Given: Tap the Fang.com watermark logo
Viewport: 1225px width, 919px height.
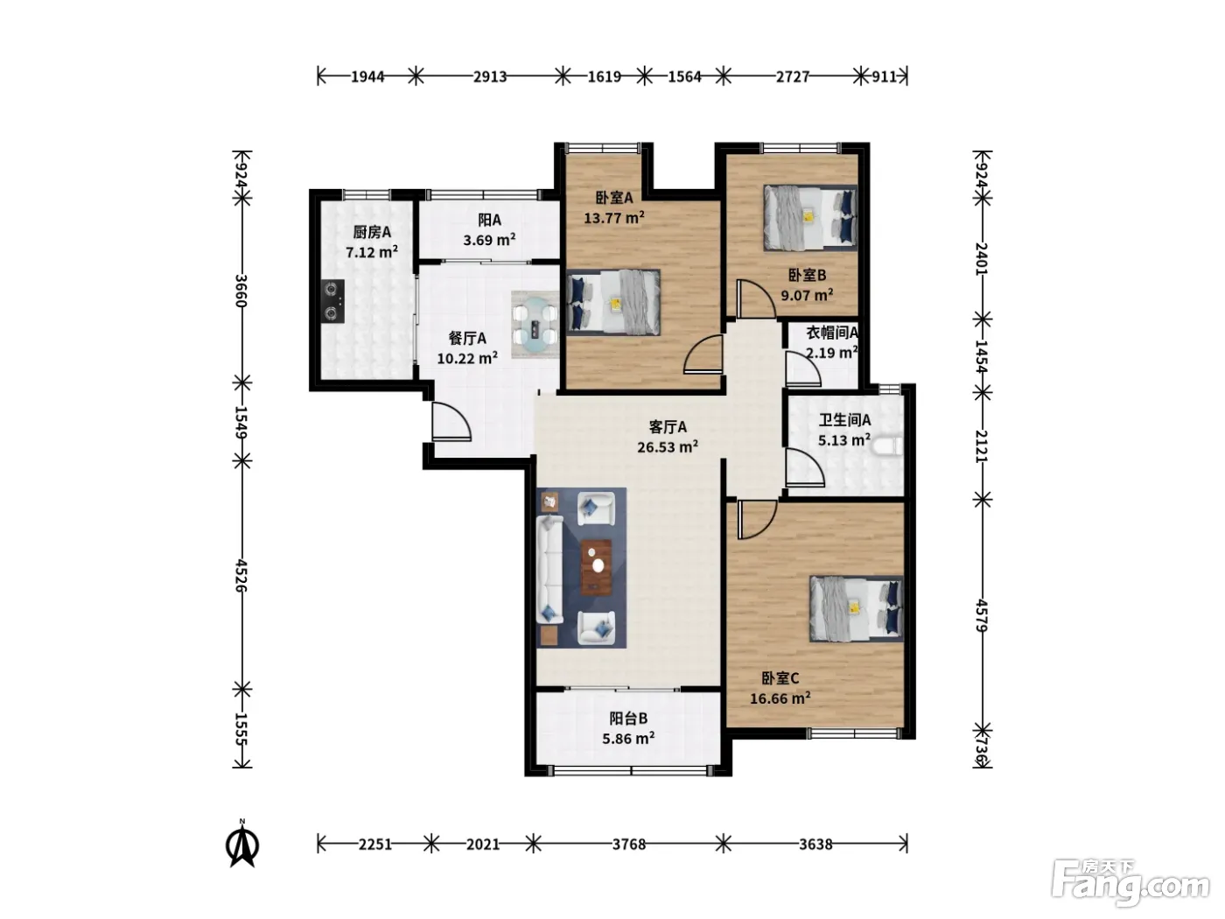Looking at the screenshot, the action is pos(1130,884).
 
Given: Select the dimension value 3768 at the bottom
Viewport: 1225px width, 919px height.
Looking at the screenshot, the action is pos(629,845).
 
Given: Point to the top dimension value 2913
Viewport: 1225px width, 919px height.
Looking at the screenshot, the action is pos(490,76).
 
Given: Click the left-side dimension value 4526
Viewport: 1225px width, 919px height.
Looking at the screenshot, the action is pos(241,575).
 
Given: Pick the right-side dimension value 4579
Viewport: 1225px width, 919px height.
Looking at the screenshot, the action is pos(983,615).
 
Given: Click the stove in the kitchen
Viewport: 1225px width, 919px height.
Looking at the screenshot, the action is pos(333,301).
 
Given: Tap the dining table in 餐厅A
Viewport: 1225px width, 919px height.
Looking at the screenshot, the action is pos(535,325).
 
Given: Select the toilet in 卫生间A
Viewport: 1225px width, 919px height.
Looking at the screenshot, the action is pos(886,447).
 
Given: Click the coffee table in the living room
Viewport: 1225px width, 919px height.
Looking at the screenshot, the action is pos(597,567).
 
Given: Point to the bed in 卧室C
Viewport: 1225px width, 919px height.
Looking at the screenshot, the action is pos(856,609).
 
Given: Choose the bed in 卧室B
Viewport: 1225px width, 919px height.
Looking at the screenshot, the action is pos(810,218).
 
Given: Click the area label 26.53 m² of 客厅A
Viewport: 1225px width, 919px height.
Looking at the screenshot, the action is pos(668,447).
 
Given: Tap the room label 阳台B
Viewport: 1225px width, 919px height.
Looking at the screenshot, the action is pos(628,718).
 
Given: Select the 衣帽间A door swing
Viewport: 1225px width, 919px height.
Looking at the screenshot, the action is pos(802,368).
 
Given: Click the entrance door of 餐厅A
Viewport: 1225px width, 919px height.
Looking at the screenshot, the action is pos(451,422).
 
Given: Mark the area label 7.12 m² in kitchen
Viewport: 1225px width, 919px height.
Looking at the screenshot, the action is pos(372,252).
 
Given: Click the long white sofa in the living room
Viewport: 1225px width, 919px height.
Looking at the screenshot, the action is pos(549,569).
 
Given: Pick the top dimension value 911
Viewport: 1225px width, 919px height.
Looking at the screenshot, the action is pos(884,76).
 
